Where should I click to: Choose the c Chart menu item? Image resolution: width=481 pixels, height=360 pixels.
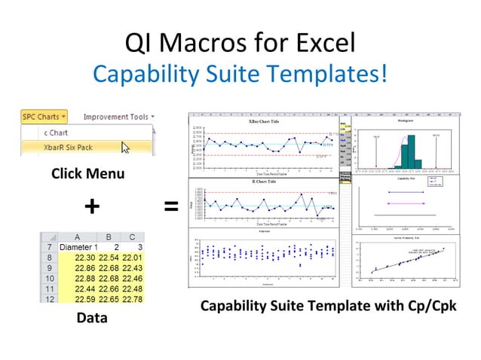click(56, 132)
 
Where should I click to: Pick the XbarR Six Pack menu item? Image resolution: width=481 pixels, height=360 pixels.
click(69, 147)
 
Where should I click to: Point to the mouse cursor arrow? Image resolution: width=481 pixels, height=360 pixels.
click(125, 147)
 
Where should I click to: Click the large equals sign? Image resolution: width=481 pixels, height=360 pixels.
click(171, 206)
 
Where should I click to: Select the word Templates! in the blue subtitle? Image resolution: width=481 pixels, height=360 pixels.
click(332, 73)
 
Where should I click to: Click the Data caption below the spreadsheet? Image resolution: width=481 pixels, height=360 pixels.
click(91, 318)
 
